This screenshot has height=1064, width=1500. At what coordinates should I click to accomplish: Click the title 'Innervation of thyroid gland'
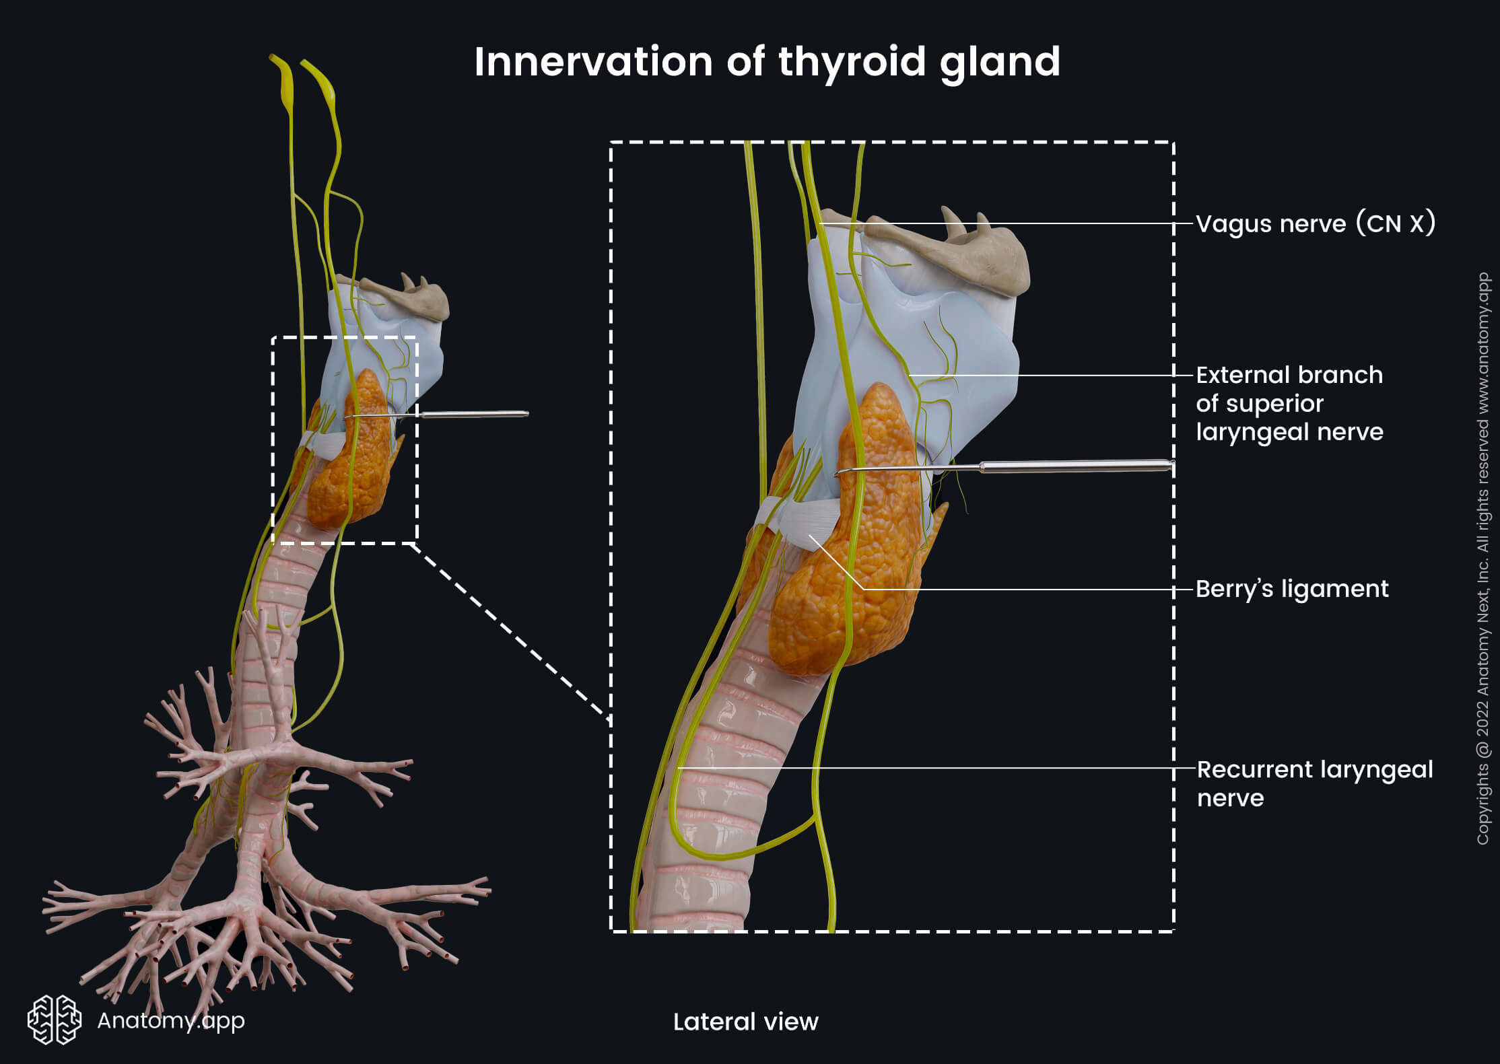(767, 62)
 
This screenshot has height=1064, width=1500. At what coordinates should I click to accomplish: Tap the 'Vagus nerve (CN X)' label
(1315, 223)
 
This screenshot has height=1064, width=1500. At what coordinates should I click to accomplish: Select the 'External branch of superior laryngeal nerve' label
(1289, 403)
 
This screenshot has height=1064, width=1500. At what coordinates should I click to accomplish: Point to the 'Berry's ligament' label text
(1291, 589)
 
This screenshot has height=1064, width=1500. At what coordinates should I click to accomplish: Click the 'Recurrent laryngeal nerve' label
(1314, 783)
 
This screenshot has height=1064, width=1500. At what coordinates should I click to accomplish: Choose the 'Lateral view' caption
(745, 1022)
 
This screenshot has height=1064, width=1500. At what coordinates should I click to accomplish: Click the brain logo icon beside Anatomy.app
(54, 1020)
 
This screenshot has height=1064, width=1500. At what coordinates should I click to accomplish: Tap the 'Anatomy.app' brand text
(171, 1020)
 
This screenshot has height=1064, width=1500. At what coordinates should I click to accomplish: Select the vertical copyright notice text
(1482, 559)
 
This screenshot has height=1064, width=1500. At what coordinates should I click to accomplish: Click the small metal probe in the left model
(471, 414)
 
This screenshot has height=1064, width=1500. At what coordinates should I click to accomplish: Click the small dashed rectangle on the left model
(273, 437)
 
